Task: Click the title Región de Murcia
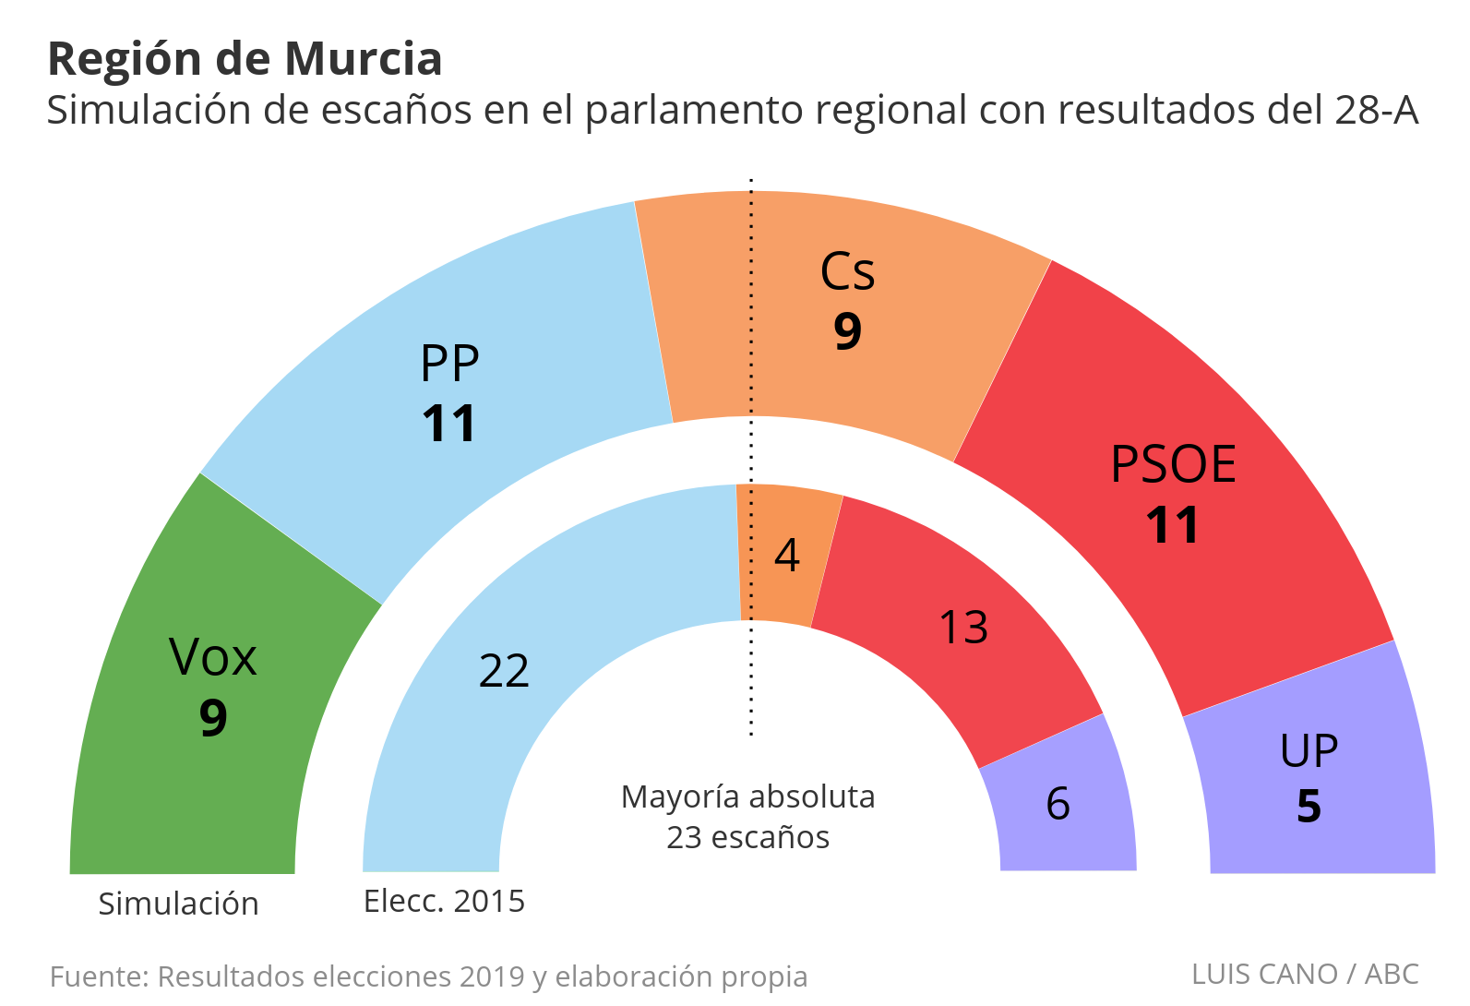(x=245, y=59)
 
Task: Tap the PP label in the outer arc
(x=449, y=365)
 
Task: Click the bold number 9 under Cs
(x=847, y=331)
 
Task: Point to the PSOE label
(x=1173, y=464)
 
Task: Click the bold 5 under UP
(x=1309, y=807)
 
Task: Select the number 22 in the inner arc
(x=504, y=671)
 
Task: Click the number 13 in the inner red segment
(x=962, y=628)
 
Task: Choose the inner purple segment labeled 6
(x=1058, y=804)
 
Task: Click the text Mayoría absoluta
(x=747, y=796)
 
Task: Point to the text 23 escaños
(x=747, y=837)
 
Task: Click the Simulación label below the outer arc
(x=178, y=904)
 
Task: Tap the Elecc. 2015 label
(x=444, y=901)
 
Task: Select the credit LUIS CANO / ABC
(x=1305, y=974)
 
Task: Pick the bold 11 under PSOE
(x=1172, y=525)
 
